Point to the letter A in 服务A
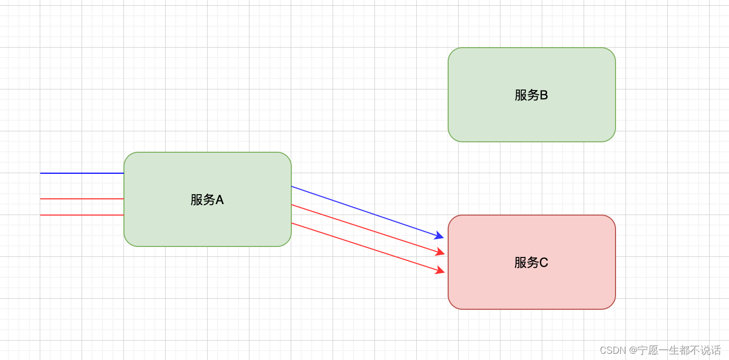(x=220, y=200)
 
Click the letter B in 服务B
(x=543, y=95)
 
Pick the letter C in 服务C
(x=544, y=263)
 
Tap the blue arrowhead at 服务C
(x=439, y=236)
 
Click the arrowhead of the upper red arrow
(x=440, y=253)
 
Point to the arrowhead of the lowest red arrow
(x=440, y=271)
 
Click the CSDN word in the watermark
(x=612, y=350)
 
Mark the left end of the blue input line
(x=41, y=173)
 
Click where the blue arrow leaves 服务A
(x=292, y=186)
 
